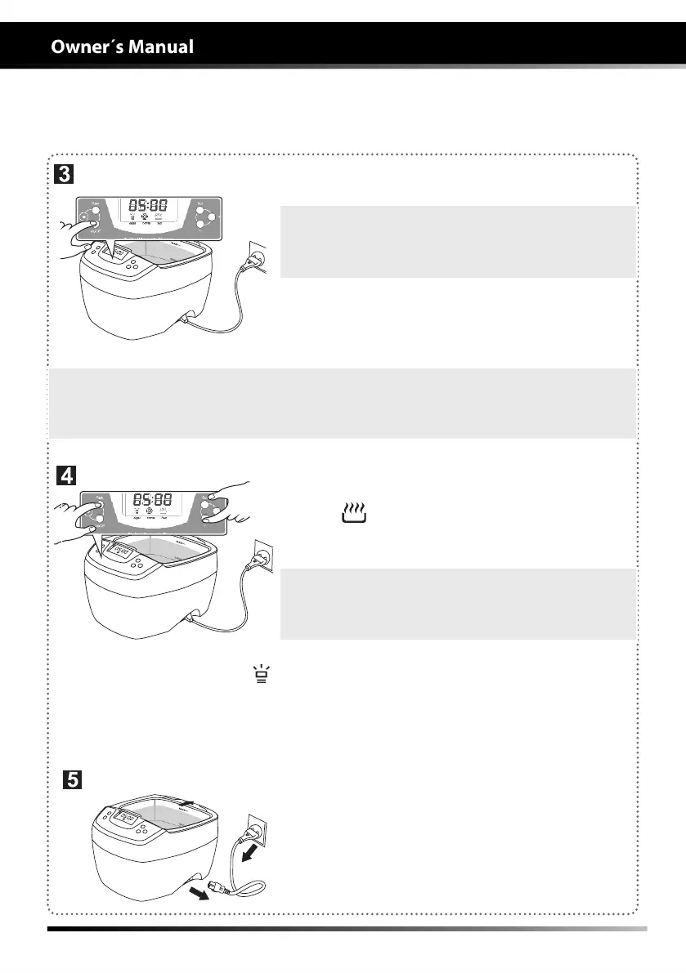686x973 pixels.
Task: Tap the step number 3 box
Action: [x=65, y=174]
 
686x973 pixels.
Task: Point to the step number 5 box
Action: [x=73, y=780]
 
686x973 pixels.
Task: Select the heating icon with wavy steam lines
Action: [x=354, y=513]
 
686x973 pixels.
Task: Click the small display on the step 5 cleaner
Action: [x=128, y=817]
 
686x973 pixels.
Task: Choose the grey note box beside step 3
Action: [x=457, y=242]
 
